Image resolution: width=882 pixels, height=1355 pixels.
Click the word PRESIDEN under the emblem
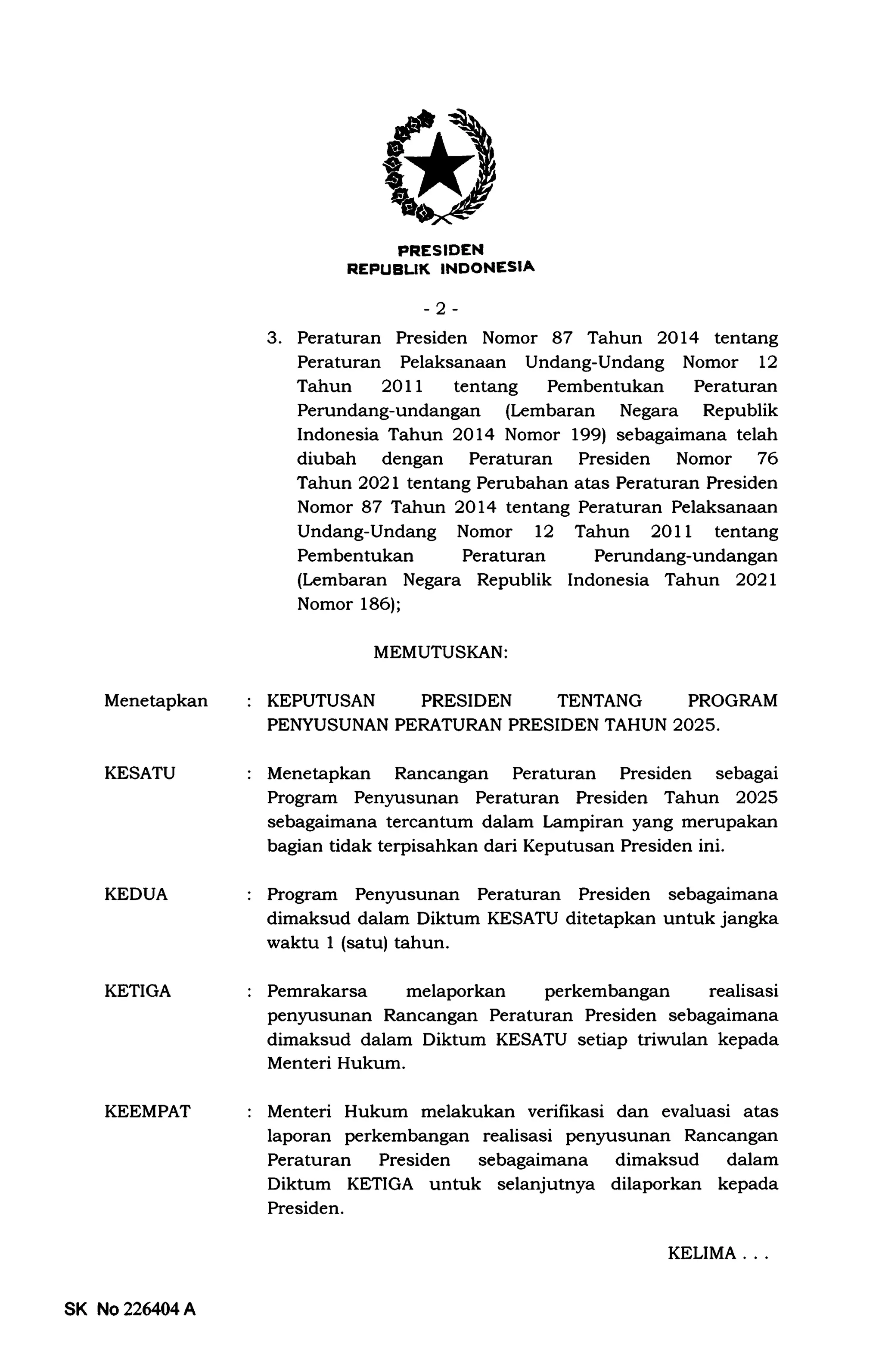441,250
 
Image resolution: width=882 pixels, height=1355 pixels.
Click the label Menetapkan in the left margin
156,701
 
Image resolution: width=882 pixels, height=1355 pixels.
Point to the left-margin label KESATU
140,774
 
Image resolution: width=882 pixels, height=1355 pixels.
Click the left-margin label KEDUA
136,894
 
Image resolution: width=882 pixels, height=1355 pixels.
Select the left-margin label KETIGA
137,991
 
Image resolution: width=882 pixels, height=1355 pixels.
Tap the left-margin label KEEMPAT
147,1112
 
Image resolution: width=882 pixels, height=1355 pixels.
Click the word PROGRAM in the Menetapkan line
733,701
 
